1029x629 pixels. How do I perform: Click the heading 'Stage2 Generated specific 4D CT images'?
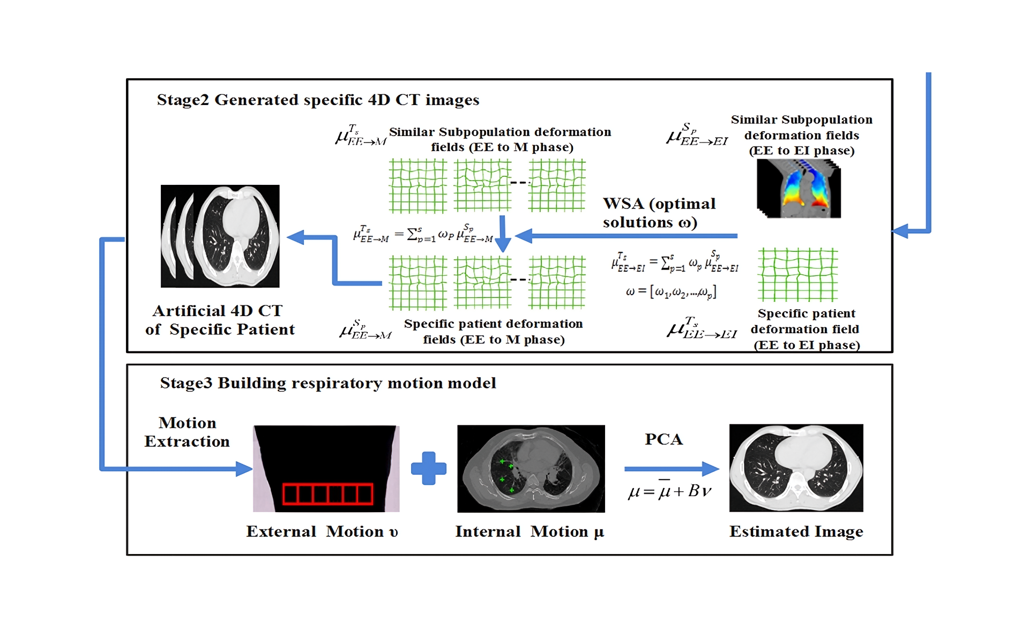(x=318, y=100)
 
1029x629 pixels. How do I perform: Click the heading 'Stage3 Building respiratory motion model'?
(x=327, y=383)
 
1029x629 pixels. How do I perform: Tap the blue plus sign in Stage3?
(x=428, y=468)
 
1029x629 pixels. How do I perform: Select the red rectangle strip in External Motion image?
(x=327, y=493)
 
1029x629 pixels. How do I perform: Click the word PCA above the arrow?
(x=663, y=439)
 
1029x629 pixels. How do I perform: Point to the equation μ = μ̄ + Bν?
(x=669, y=491)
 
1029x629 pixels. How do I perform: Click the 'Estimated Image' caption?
(x=796, y=531)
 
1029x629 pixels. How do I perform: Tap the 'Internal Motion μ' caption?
(x=530, y=531)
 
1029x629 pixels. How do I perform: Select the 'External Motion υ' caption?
(x=322, y=531)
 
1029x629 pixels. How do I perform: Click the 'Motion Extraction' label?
(x=187, y=432)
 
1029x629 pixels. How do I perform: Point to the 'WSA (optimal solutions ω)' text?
(x=659, y=213)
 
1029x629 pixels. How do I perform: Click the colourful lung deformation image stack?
(x=799, y=189)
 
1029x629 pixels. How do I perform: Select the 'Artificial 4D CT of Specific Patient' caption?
(x=220, y=320)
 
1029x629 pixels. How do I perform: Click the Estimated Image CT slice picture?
(x=796, y=468)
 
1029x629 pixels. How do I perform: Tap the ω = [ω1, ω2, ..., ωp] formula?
(x=671, y=292)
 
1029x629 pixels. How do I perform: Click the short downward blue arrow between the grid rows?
(x=503, y=234)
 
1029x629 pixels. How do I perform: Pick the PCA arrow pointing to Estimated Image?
(x=671, y=469)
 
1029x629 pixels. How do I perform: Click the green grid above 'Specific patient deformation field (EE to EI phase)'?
(x=797, y=274)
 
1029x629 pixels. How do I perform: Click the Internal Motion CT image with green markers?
(x=531, y=468)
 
